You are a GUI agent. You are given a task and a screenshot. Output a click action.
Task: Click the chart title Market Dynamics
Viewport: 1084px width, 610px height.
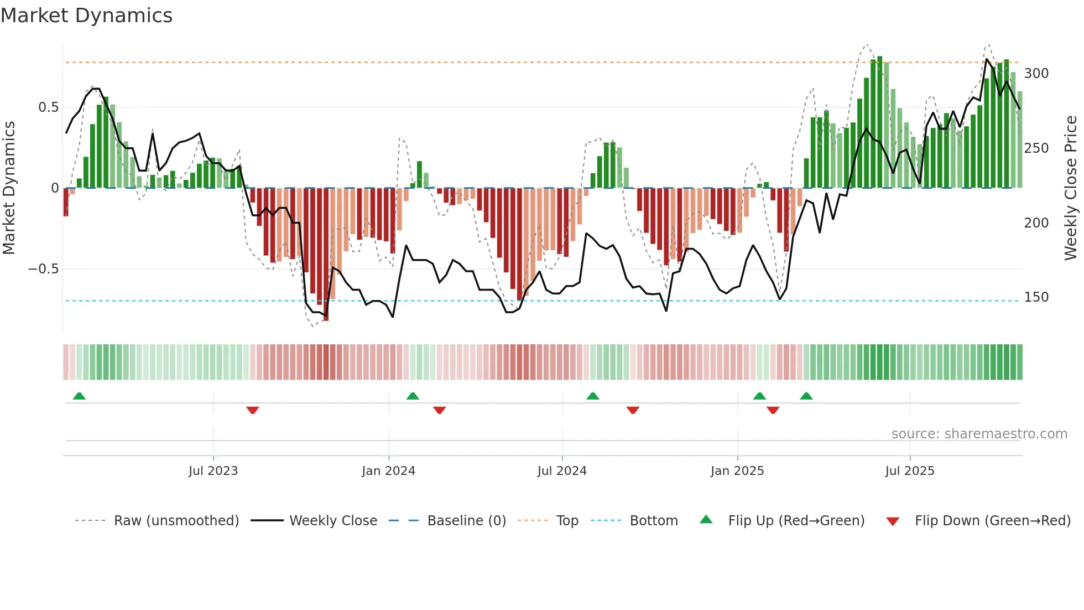point(86,15)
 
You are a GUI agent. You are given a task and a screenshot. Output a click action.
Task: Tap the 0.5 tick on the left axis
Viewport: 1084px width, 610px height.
point(48,107)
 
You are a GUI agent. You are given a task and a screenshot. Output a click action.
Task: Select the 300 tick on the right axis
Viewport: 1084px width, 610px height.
point(1036,74)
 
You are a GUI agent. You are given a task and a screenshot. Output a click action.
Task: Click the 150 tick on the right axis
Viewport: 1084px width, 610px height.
point(1036,297)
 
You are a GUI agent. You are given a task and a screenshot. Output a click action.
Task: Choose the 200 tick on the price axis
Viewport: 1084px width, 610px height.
point(1036,223)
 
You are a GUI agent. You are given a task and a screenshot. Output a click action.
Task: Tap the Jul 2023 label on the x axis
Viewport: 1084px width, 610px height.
point(213,471)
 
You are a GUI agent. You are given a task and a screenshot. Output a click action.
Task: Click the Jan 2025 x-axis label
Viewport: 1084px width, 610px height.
point(737,471)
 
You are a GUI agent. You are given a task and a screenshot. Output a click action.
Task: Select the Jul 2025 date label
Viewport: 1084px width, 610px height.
point(910,471)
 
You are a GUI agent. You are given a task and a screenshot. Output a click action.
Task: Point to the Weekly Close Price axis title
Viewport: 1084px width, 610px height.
point(1071,188)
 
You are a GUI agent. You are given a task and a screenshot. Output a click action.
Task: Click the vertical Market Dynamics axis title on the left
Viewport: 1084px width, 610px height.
point(9,188)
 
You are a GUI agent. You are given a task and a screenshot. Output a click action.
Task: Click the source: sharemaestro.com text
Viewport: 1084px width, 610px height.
point(979,434)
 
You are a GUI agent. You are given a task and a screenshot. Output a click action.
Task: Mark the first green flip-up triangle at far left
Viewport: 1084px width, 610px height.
point(79,396)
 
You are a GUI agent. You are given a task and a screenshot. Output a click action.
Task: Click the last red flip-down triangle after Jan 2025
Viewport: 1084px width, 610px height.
point(773,410)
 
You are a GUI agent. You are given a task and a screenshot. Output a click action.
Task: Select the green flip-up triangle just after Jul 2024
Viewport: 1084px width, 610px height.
point(593,396)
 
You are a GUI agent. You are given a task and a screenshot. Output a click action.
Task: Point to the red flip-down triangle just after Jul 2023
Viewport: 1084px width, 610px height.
point(253,410)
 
